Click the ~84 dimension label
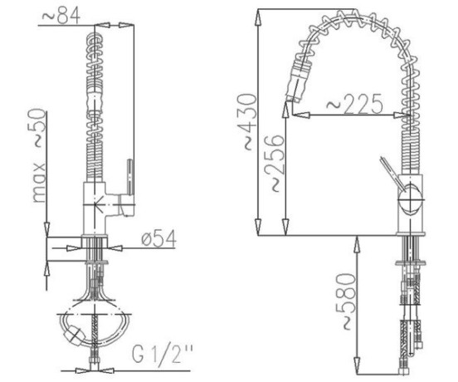61,16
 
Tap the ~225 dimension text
354,104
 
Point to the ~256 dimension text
274,163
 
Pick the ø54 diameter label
159,238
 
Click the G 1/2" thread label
162,354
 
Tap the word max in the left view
39,183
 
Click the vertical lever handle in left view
130,177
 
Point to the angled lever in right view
392,173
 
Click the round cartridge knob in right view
411,199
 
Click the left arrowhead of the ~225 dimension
300,115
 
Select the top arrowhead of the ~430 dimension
258,18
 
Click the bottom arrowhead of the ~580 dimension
357,365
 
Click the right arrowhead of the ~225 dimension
402,115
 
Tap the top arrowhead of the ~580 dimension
357,245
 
